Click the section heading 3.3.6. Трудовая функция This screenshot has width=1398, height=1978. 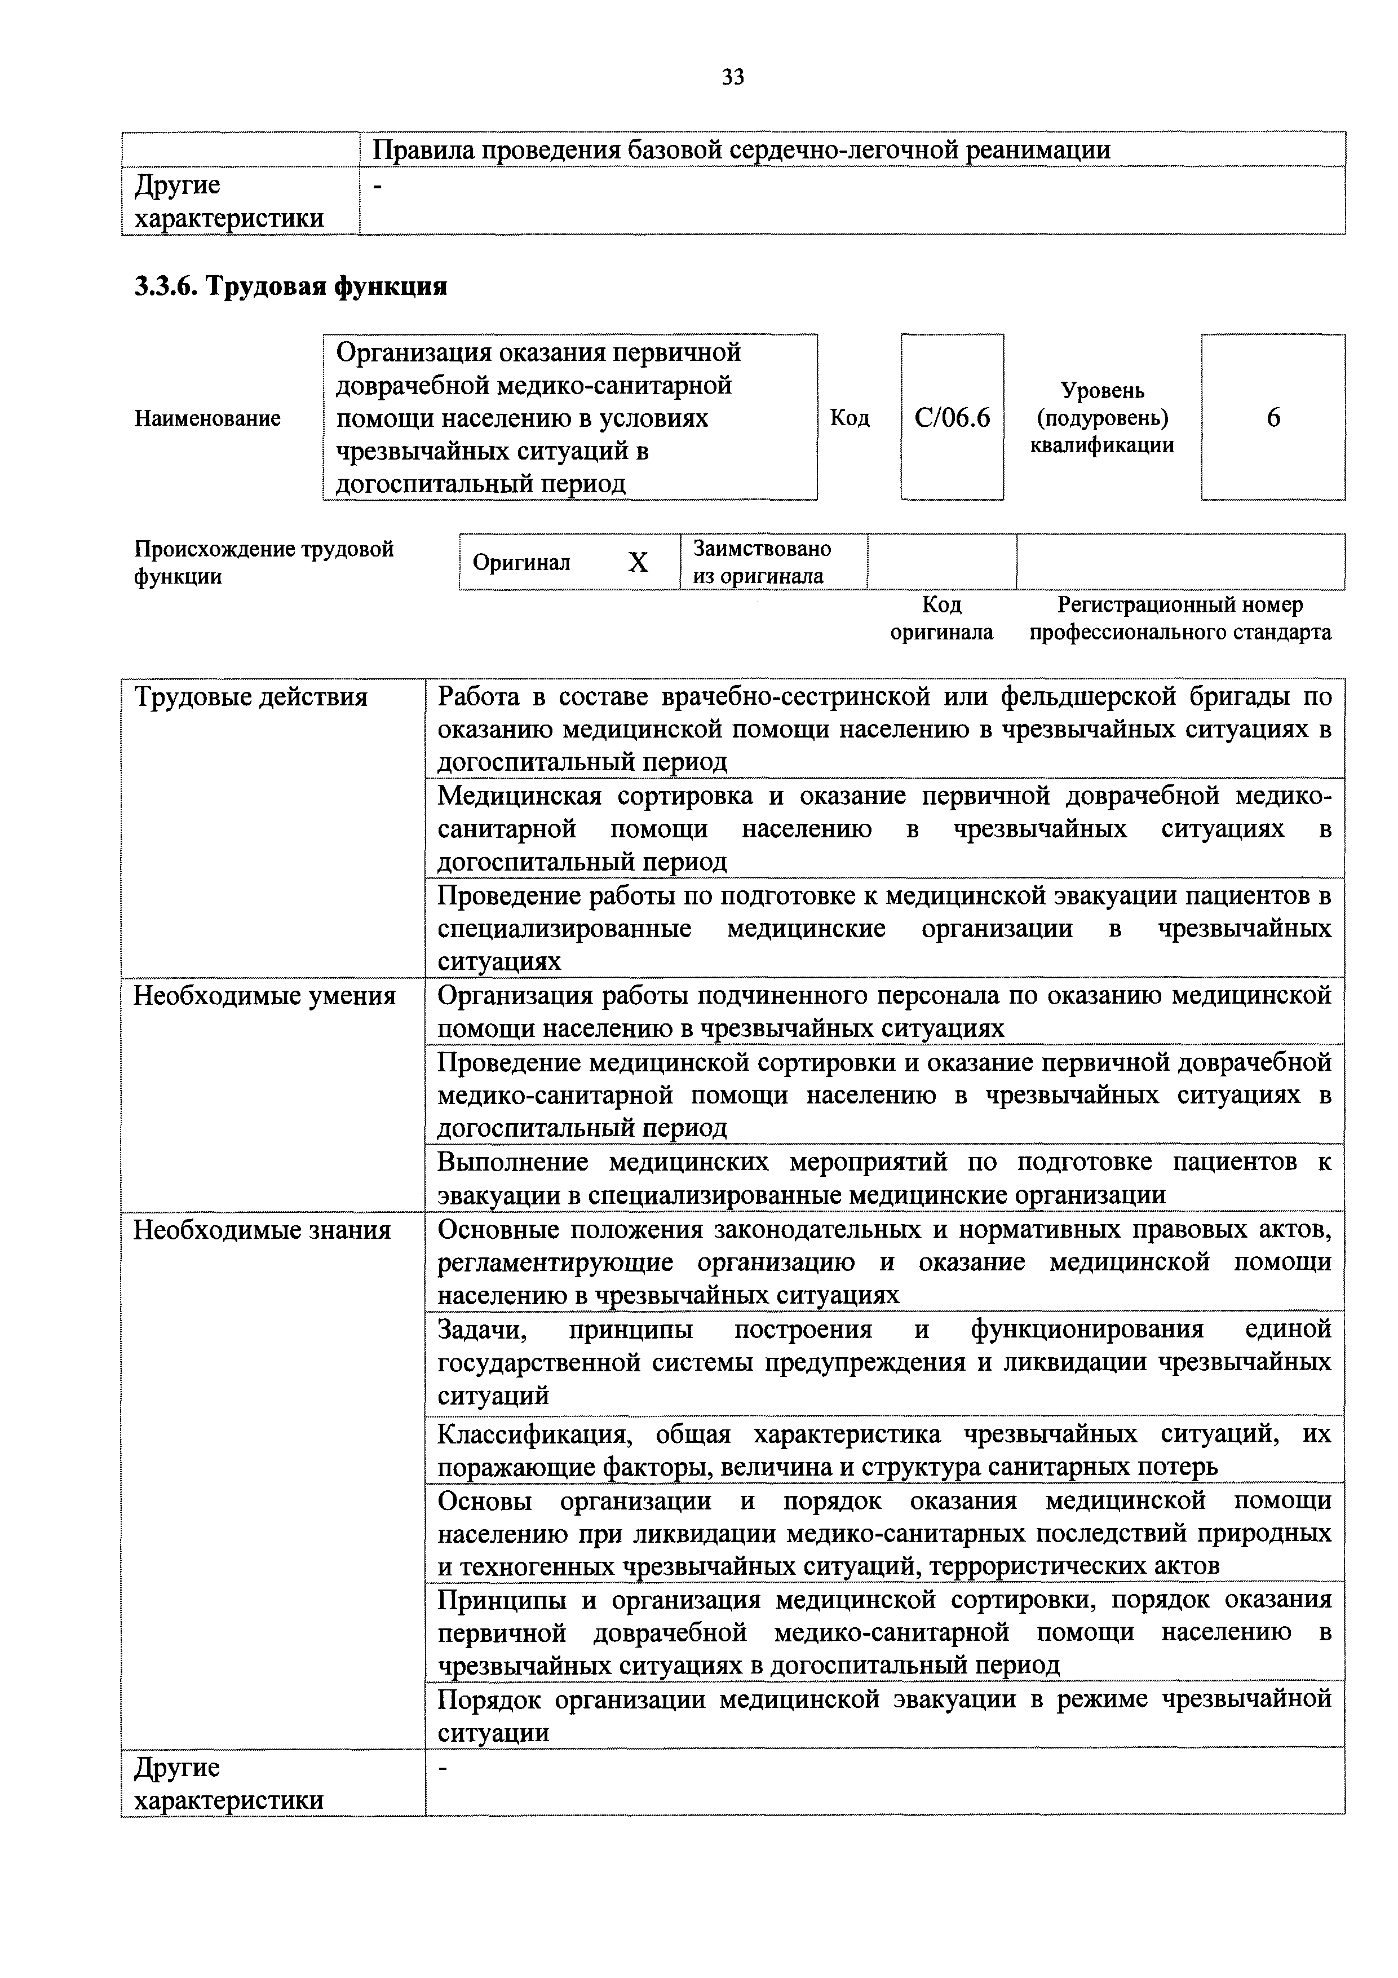pos(290,286)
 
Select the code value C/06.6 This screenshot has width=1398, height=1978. pos(952,418)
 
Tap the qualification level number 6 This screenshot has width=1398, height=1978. pos(1273,418)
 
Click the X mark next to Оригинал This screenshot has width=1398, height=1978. pos(638,563)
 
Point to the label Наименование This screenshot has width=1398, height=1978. pos(207,419)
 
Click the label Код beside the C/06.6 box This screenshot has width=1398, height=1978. pos(850,419)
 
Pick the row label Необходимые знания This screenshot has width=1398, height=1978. pos(262,1230)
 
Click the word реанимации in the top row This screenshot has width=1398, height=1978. pos(1037,151)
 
